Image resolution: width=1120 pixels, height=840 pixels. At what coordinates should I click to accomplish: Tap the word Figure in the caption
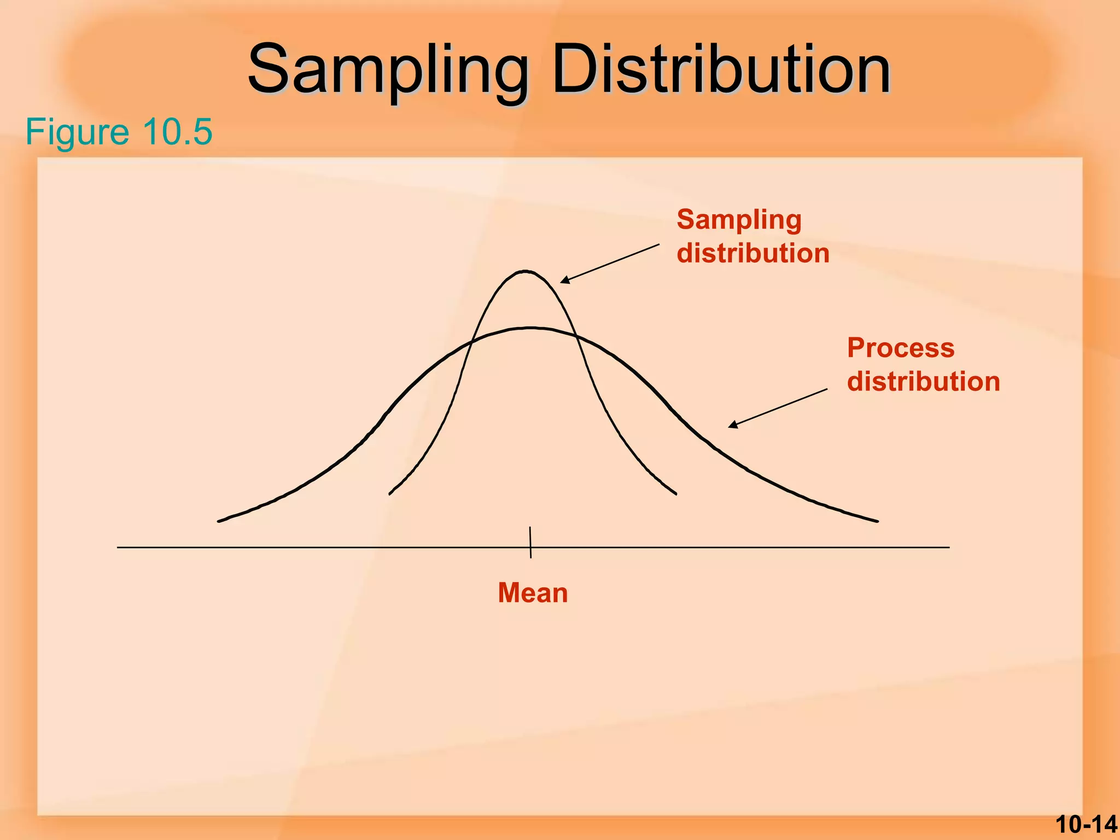[77, 132]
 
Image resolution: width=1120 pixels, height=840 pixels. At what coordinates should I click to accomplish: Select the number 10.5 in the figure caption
[177, 132]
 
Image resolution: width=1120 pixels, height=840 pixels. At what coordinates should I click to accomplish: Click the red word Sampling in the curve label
[739, 220]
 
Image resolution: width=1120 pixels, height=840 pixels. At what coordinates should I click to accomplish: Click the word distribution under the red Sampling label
[753, 254]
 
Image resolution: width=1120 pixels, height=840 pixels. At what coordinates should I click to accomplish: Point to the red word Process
[901, 348]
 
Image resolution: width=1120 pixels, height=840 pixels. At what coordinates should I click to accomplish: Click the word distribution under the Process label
[923, 381]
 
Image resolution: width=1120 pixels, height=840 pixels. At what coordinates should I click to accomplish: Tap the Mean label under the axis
[533, 593]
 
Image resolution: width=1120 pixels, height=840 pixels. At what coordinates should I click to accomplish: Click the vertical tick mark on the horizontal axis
[530, 542]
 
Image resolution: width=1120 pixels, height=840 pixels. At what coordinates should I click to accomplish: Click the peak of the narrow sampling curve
[525, 271]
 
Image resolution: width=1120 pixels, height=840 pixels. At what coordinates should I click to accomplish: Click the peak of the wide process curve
[530, 328]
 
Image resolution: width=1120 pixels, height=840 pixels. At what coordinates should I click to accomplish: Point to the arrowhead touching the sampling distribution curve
[564, 281]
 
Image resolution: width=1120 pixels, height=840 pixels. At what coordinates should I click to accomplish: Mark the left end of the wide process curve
[219, 521]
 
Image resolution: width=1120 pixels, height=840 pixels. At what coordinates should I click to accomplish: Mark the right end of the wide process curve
[877, 521]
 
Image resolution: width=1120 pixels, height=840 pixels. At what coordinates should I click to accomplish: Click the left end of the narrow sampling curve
[390, 494]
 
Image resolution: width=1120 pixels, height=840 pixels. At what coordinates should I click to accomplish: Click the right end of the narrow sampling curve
[676, 494]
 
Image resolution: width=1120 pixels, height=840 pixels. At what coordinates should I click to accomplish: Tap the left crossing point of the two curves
[471, 343]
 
